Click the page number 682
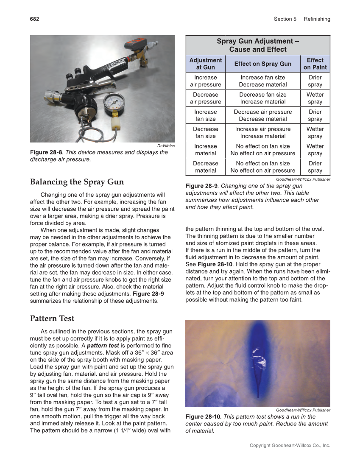coord(34,19)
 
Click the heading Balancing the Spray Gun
coord(77,182)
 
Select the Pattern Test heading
coord(52,319)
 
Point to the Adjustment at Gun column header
coord(205,64)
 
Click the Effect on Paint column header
coord(315,64)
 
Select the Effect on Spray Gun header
coord(262,64)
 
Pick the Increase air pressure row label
coord(205,81)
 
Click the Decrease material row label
coord(205,167)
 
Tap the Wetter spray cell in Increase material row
coord(315,150)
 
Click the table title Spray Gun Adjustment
coord(258,45)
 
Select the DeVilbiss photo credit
coord(166,145)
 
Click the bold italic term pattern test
coord(103,346)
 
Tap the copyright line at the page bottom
coord(290,445)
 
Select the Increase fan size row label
coord(205,115)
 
